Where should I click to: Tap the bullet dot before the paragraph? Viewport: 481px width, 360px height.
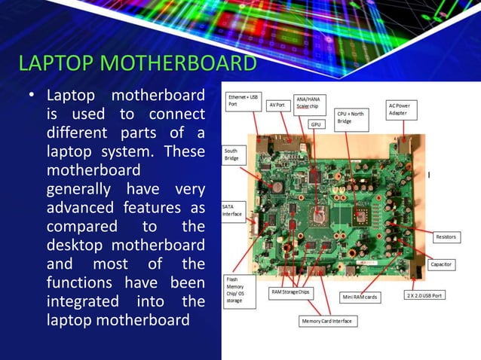coord(32,96)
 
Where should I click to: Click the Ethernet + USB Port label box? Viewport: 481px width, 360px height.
coord(244,102)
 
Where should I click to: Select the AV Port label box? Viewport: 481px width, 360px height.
coord(277,105)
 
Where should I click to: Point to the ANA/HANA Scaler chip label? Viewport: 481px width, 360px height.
coord(308,103)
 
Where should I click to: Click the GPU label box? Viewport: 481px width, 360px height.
coord(316,124)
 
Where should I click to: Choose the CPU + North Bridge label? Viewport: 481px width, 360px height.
coord(350,117)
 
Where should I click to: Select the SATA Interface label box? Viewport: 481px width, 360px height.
coord(231,210)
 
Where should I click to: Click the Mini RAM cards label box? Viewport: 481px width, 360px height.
coord(360,297)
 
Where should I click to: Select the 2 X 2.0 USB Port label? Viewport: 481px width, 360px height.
coord(424,295)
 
